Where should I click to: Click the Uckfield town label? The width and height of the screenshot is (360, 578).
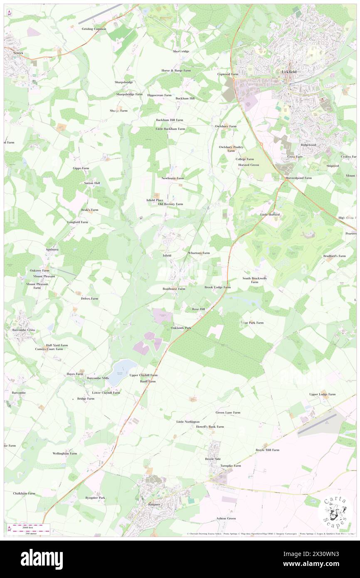(288, 72)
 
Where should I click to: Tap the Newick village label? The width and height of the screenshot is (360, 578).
(18, 53)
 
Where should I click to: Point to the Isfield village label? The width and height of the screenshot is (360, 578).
(167, 255)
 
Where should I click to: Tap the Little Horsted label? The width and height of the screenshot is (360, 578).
(270, 215)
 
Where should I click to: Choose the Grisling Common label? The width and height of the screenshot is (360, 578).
(94, 29)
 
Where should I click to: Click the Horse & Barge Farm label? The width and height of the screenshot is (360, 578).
(176, 71)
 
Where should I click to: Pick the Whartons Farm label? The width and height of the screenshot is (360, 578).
(199, 253)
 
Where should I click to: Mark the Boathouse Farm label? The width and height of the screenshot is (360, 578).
(174, 288)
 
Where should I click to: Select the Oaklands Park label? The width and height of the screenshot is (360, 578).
(181, 328)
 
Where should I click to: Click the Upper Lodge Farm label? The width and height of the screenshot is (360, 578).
(322, 394)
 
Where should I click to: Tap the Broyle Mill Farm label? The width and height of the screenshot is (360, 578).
(267, 450)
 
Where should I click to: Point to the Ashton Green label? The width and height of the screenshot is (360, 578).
(226, 519)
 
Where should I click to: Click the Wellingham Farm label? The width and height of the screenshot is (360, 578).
(65, 453)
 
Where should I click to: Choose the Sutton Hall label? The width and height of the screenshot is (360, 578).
(92, 183)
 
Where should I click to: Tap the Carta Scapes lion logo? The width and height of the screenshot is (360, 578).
(335, 511)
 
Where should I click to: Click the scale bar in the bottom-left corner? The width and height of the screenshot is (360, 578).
(29, 528)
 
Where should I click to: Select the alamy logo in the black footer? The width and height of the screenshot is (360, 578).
(42, 559)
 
